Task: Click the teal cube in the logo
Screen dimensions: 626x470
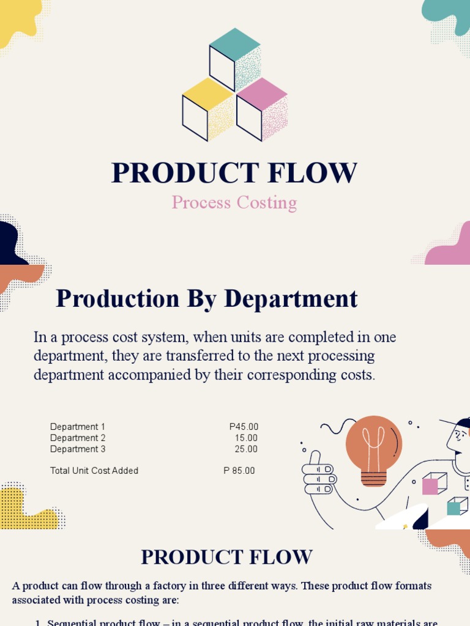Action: tap(235, 59)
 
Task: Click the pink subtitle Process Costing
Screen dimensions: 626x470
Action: tap(234, 202)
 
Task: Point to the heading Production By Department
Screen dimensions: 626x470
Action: tap(207, 299)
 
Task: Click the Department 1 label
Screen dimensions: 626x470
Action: tap(78, 427)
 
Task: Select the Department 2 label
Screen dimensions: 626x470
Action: tap(78, 438)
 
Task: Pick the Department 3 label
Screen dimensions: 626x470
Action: tap(78, 449)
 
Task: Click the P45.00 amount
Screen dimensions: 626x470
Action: tap(244, 427)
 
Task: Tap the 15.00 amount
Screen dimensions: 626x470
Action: tap(246, 438)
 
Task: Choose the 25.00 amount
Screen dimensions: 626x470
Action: tap(246, 449)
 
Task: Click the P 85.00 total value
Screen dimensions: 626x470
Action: tap(239, 471)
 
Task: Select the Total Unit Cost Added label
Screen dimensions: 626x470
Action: tap(94, 471)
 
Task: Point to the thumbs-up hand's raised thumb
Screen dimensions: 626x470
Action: tap(316, 458)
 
